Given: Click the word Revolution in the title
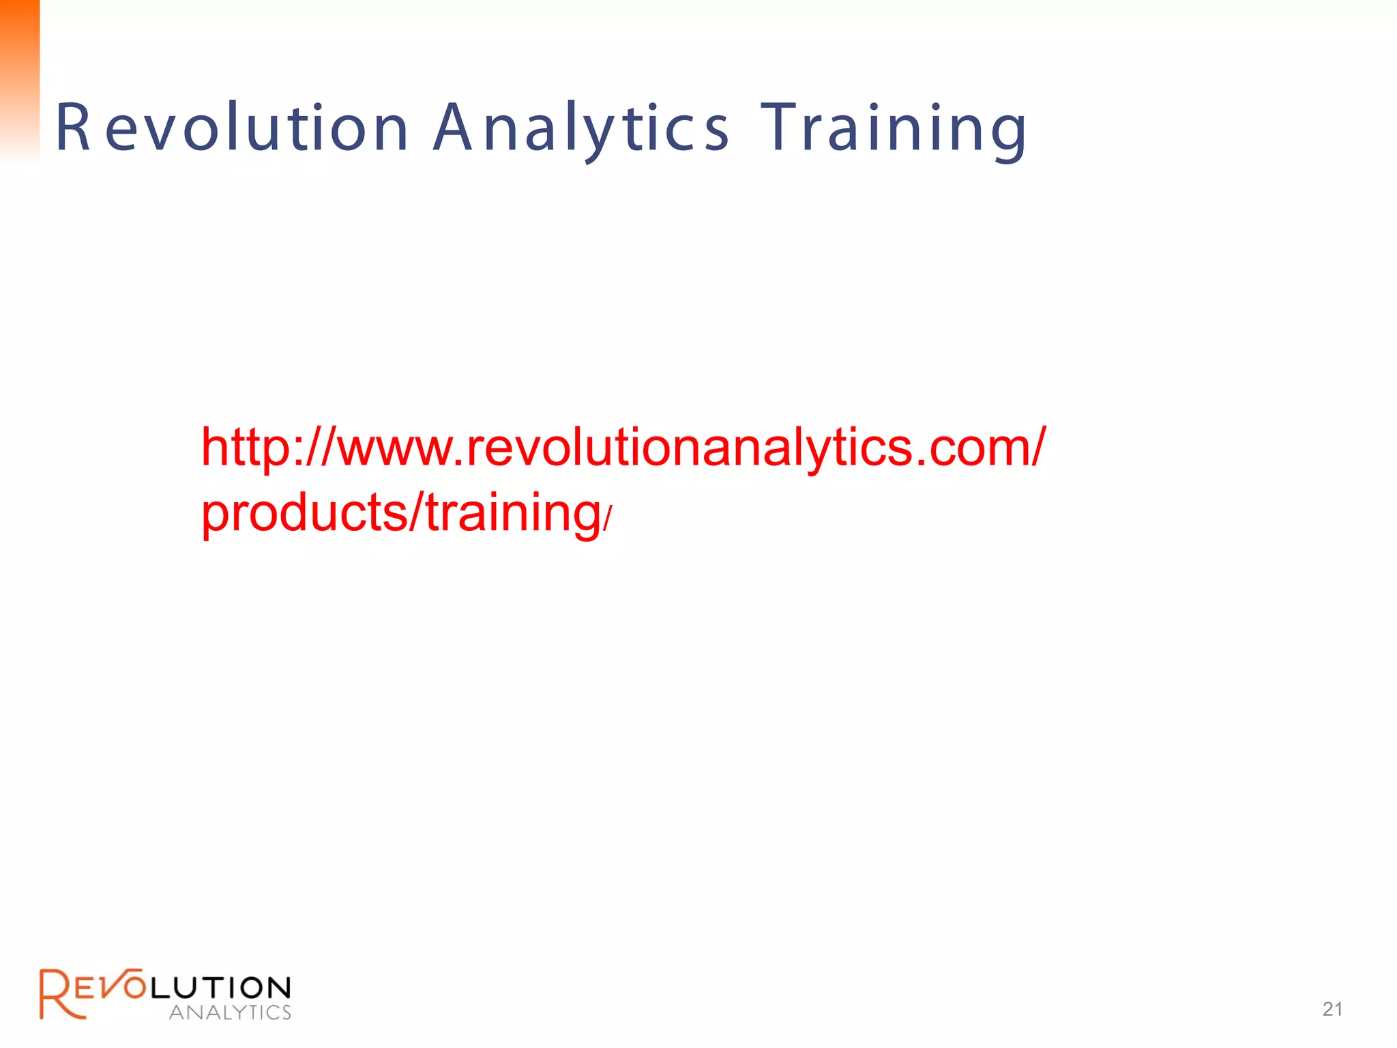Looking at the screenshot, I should click(232, 128).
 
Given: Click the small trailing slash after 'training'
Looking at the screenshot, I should click(608, 519).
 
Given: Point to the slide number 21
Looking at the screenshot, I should click(1332, 1009).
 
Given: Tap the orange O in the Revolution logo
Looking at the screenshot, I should click(134, 987).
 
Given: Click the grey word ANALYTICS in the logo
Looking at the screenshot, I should click(230, 1013).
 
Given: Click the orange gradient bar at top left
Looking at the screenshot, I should click(19, 75).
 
